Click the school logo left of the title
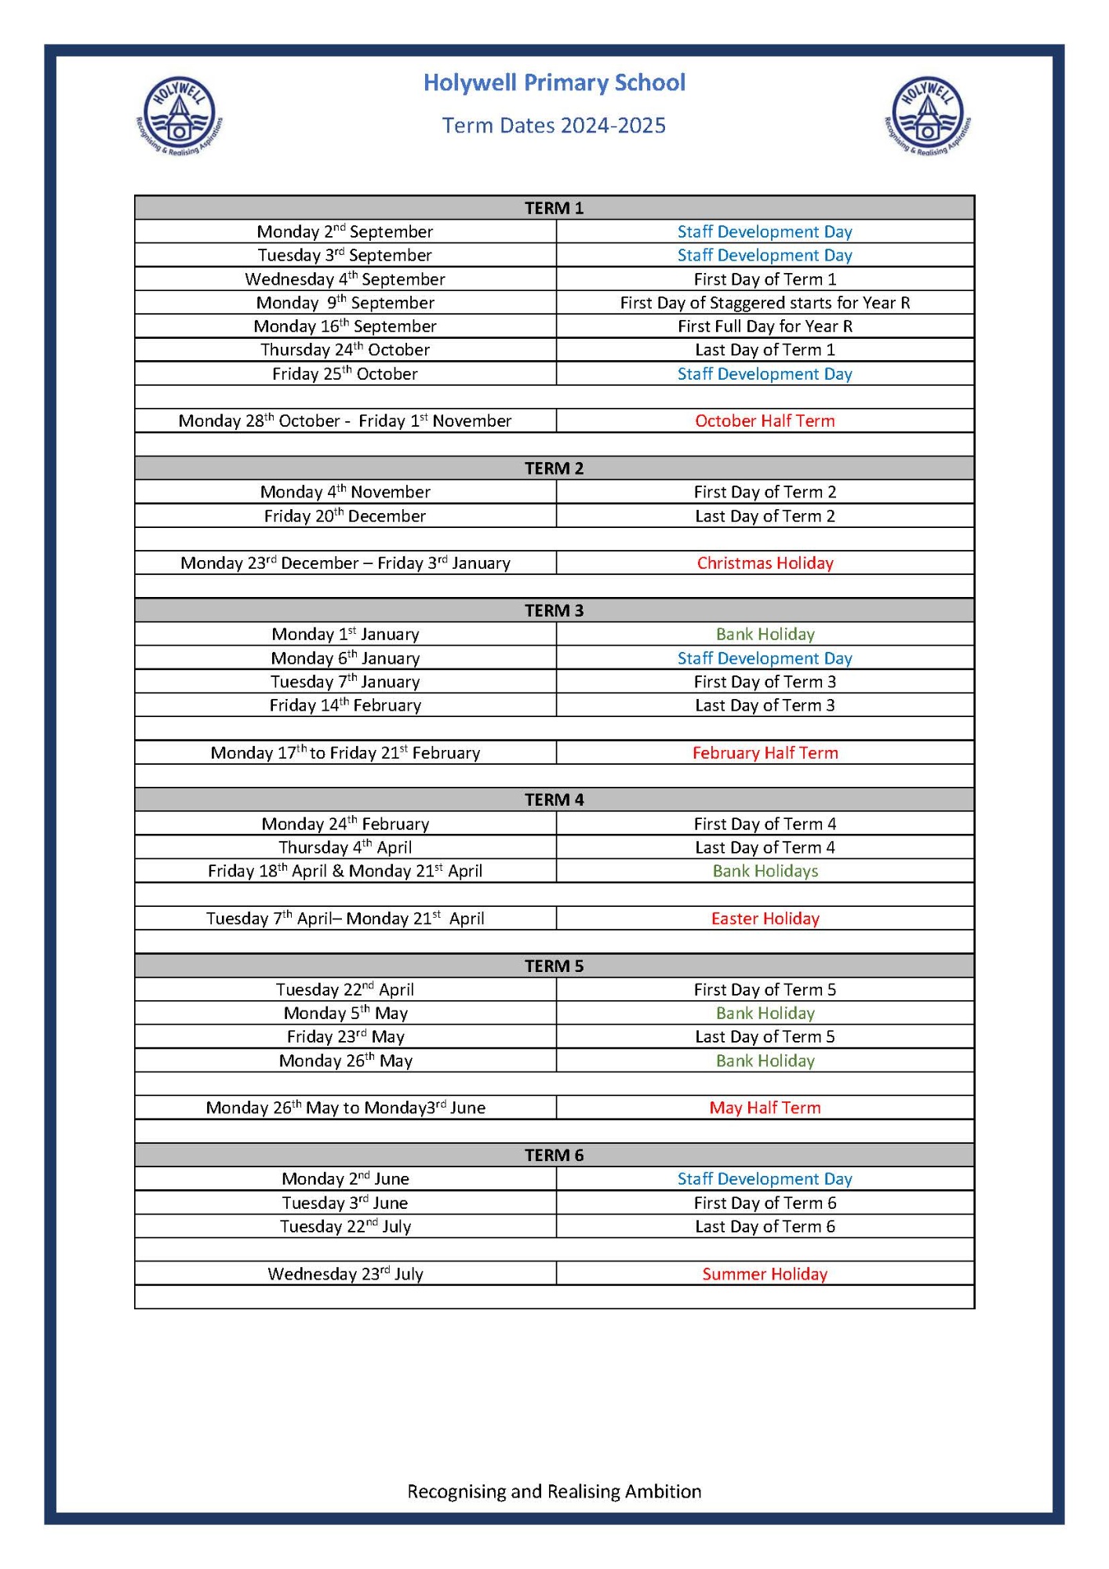180,116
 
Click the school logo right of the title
928,116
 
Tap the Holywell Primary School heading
554,82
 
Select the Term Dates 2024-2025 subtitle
554,126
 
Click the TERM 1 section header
554,208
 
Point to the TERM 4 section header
554,799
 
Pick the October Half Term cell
765,420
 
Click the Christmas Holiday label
765,562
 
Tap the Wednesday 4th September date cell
345,279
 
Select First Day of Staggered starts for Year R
765,303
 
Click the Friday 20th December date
345,516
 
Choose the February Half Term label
765,752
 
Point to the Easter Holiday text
765,919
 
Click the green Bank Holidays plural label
765,871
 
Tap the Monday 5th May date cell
345,1014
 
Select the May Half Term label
765,1108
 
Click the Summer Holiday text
765,1274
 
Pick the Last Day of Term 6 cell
765,1226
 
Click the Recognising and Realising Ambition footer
554,1491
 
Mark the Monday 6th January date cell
345,658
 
